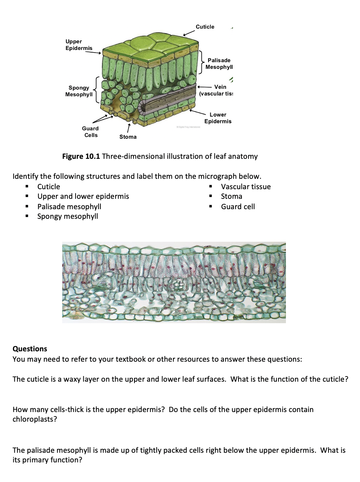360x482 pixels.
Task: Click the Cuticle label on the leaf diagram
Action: tap(205, 27)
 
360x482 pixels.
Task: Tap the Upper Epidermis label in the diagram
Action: tap(79, 45)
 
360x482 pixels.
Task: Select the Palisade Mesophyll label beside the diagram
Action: tap(219, 64)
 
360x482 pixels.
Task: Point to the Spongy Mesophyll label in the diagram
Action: tap(79, 91)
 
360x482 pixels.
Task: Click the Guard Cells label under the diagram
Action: tap(90, 132)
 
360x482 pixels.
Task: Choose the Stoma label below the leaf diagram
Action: tap(128, 137)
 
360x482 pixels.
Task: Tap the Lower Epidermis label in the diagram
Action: tap(218, 118)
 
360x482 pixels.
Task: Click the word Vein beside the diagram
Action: tap(220, 87)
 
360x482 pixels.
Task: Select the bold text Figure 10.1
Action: tap(81, 156)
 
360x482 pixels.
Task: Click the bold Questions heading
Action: tap(30, 349)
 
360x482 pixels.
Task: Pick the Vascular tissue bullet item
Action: tap(246, 187)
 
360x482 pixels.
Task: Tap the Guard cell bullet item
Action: tap(238, 207)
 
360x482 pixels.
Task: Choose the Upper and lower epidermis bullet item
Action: tap(83, 196)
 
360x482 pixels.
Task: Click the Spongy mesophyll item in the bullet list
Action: tap(67, 216)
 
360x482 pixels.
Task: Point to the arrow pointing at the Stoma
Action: tap(128, 128)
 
